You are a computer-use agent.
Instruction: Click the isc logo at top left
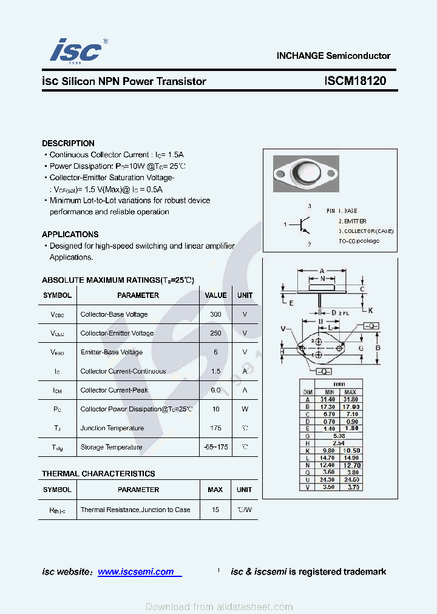(x=76, y=51)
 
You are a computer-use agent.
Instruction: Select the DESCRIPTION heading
(x=68, y=143)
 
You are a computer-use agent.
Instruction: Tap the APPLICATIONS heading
(x=70, y=234)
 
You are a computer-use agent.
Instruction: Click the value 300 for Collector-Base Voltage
(x=215, y=314)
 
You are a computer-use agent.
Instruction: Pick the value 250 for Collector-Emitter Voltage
(x=215, y=333)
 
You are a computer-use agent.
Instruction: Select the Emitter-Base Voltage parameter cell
(x=112, y=352)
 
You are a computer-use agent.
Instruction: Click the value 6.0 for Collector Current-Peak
(x=215, y=390)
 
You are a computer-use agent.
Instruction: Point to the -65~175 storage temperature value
(x=215, y=447)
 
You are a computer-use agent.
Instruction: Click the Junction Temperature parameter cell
(x=112, y=428)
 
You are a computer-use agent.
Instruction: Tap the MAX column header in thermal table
(x=215, y=490)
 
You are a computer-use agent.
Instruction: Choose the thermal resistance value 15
(x=215, y=510)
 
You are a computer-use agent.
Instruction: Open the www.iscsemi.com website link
(x=136, y=572)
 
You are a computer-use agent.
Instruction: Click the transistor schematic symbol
(x=303, y=225)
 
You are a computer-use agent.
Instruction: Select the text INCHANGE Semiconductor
(x=333, y=56)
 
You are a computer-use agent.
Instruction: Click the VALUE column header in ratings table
(x=215, y=295)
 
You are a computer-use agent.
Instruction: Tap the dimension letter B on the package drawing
(x=378, y=348)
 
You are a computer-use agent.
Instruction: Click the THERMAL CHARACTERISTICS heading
(x=98, y=473)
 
